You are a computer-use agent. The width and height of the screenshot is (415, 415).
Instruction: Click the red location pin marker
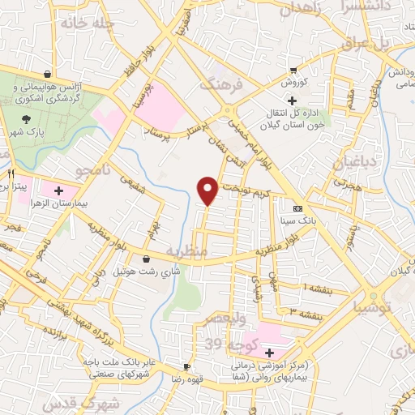208,190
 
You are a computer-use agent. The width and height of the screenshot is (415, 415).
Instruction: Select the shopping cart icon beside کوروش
293,71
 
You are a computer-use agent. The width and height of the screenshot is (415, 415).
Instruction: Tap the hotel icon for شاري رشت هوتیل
146,259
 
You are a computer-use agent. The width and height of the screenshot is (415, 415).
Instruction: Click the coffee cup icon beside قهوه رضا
186,366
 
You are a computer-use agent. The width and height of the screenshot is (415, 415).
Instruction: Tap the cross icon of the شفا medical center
268,353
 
